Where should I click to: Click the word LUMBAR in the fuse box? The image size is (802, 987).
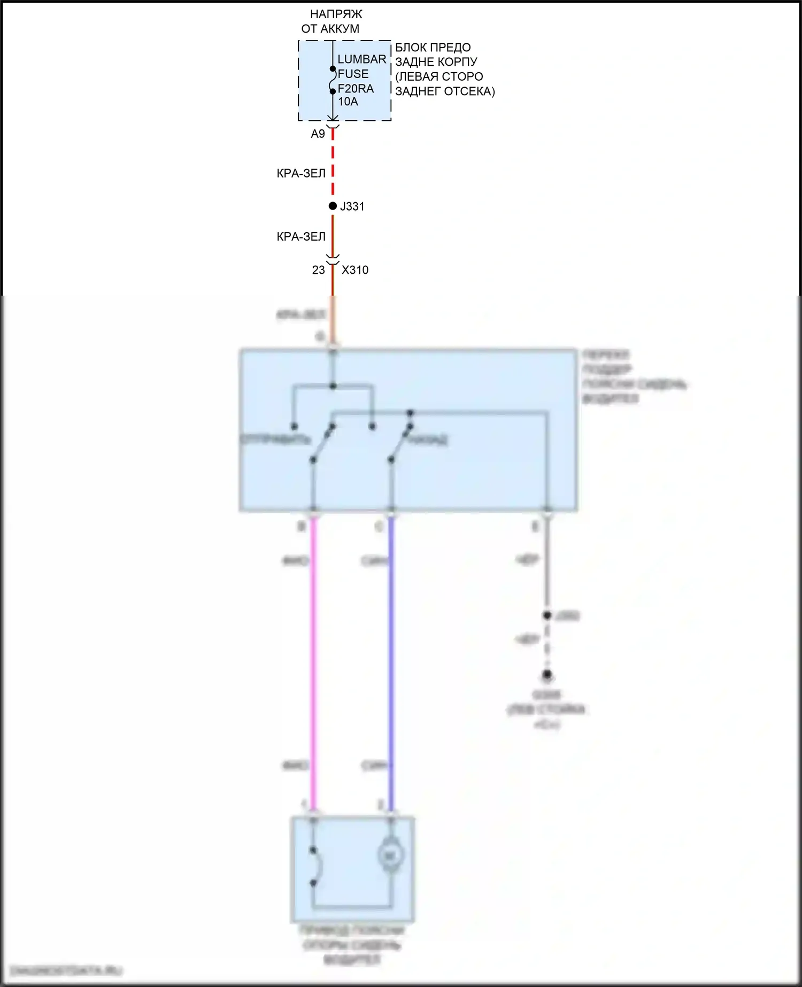click(361, 59)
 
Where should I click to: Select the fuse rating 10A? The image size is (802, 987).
click(348, 102)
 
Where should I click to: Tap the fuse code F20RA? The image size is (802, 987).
click(356, 88)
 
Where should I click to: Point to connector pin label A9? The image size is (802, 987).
click(318, 134)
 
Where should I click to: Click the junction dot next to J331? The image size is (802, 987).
click(333, 206)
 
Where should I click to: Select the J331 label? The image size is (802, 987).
click(352, 206)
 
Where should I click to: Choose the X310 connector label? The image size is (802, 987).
click(355, 270)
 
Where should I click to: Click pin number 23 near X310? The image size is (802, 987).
click(319, 270)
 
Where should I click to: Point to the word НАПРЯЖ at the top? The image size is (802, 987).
click(336, 14)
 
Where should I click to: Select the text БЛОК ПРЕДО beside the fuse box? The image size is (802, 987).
click(433, 48)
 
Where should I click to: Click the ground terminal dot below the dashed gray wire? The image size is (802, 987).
click(546, 675)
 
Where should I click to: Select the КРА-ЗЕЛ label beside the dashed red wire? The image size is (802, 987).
click(301, 173)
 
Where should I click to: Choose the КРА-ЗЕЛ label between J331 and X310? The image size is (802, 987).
click(301, 237)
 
